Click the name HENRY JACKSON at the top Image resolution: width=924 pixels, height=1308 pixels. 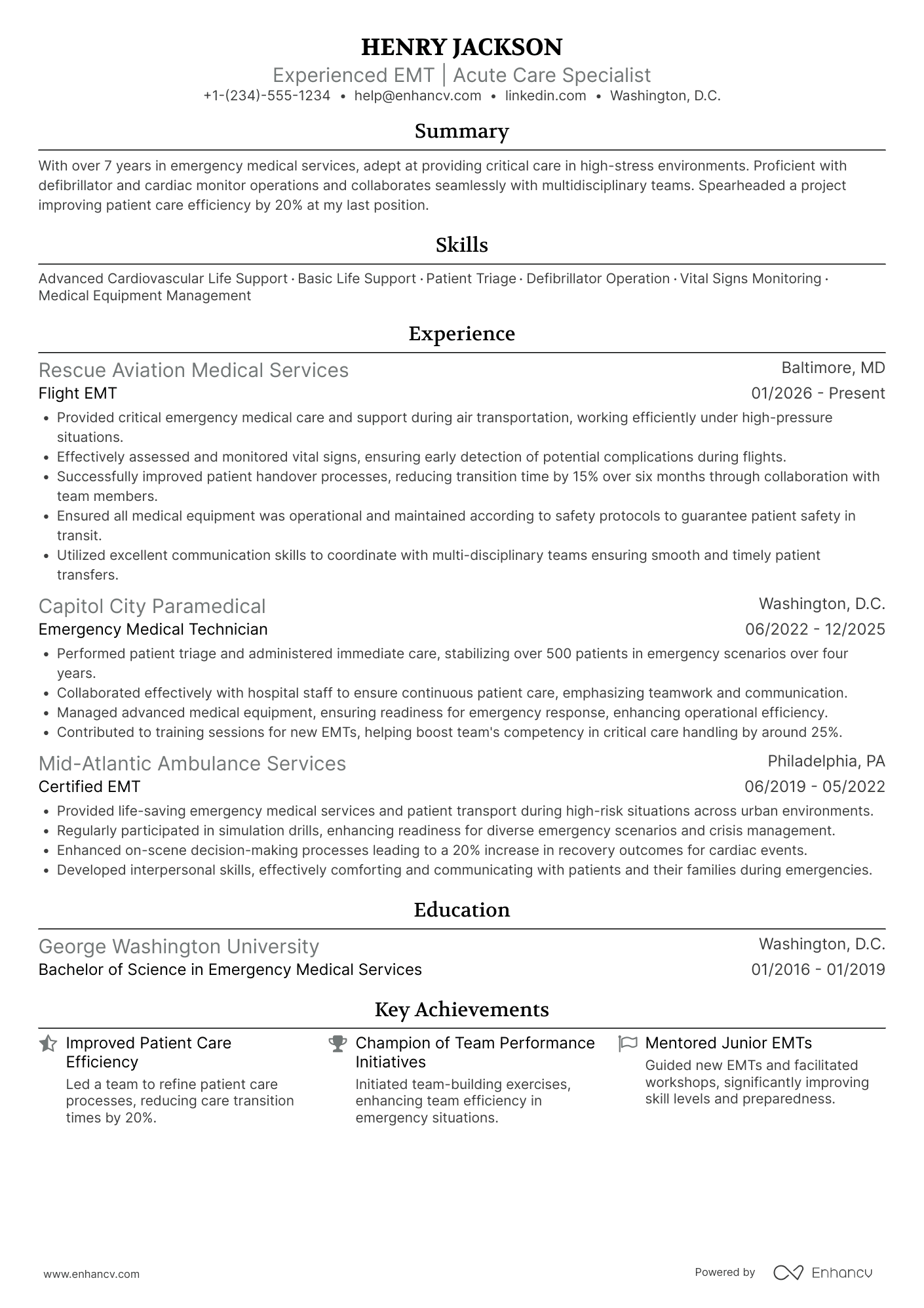point(461,47)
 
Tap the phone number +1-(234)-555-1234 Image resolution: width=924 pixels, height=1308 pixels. point(267,96)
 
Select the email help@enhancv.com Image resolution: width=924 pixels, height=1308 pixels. point(417,96)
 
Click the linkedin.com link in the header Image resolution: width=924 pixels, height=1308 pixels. point(545,96)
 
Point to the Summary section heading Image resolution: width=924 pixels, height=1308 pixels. point(461,131)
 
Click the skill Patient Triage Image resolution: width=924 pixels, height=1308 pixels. point(471,279)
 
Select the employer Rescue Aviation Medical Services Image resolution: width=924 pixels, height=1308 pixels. point(193,370)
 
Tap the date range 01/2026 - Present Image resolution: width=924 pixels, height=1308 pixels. point(818,393)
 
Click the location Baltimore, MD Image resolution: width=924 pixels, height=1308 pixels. point(833,368)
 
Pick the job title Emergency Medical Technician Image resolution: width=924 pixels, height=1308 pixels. point(153,629)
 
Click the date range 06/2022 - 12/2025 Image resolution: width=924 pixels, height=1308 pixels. point(815,629)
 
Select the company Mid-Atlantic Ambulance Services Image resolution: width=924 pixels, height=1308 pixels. point(192,764)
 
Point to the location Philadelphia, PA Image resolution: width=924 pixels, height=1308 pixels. point(826,761)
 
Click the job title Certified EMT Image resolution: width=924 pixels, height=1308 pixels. point(89,787)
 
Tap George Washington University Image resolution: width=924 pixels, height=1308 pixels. point(178,947)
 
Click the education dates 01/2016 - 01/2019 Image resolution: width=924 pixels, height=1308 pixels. point(818,970)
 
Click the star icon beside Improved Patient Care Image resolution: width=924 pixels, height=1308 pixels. point(48,1043)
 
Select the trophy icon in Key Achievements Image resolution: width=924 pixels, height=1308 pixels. point(337,1043)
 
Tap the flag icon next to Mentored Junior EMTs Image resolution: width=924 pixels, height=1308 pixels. point(628,1043)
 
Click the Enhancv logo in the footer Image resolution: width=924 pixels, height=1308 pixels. point(823,1273)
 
